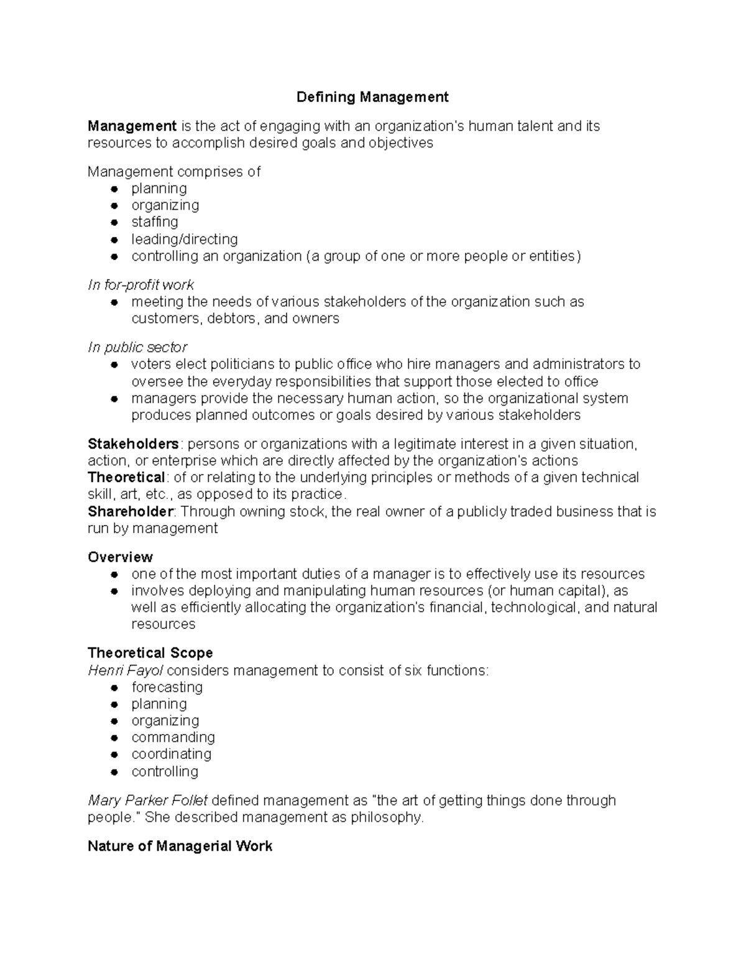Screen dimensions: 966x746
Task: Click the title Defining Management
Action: [372, 97]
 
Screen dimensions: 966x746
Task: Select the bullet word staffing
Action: [154, 222]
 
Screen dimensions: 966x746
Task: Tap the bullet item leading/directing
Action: [184, 239]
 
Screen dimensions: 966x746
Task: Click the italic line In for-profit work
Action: [140, 285]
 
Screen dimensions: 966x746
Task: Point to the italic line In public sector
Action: [137, 347]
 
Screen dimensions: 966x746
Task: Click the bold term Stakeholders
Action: [133, 444]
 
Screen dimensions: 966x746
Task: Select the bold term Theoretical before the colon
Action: [126, 478]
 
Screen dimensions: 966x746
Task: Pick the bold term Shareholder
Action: [131, 512]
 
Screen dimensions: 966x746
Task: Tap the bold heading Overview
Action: [120, 557]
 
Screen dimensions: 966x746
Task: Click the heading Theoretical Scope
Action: [150, 653]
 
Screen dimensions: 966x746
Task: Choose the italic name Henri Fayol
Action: [126, 671]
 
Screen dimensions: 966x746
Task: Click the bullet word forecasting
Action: [167, 687]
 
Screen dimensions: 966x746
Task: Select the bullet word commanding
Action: [173, 738]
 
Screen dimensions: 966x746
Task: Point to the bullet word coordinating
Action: [171, 755]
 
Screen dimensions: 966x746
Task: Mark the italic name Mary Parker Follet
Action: [147, 801]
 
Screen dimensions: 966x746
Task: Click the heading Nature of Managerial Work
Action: [180, 847]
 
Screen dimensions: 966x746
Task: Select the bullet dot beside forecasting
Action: [114, 688]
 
